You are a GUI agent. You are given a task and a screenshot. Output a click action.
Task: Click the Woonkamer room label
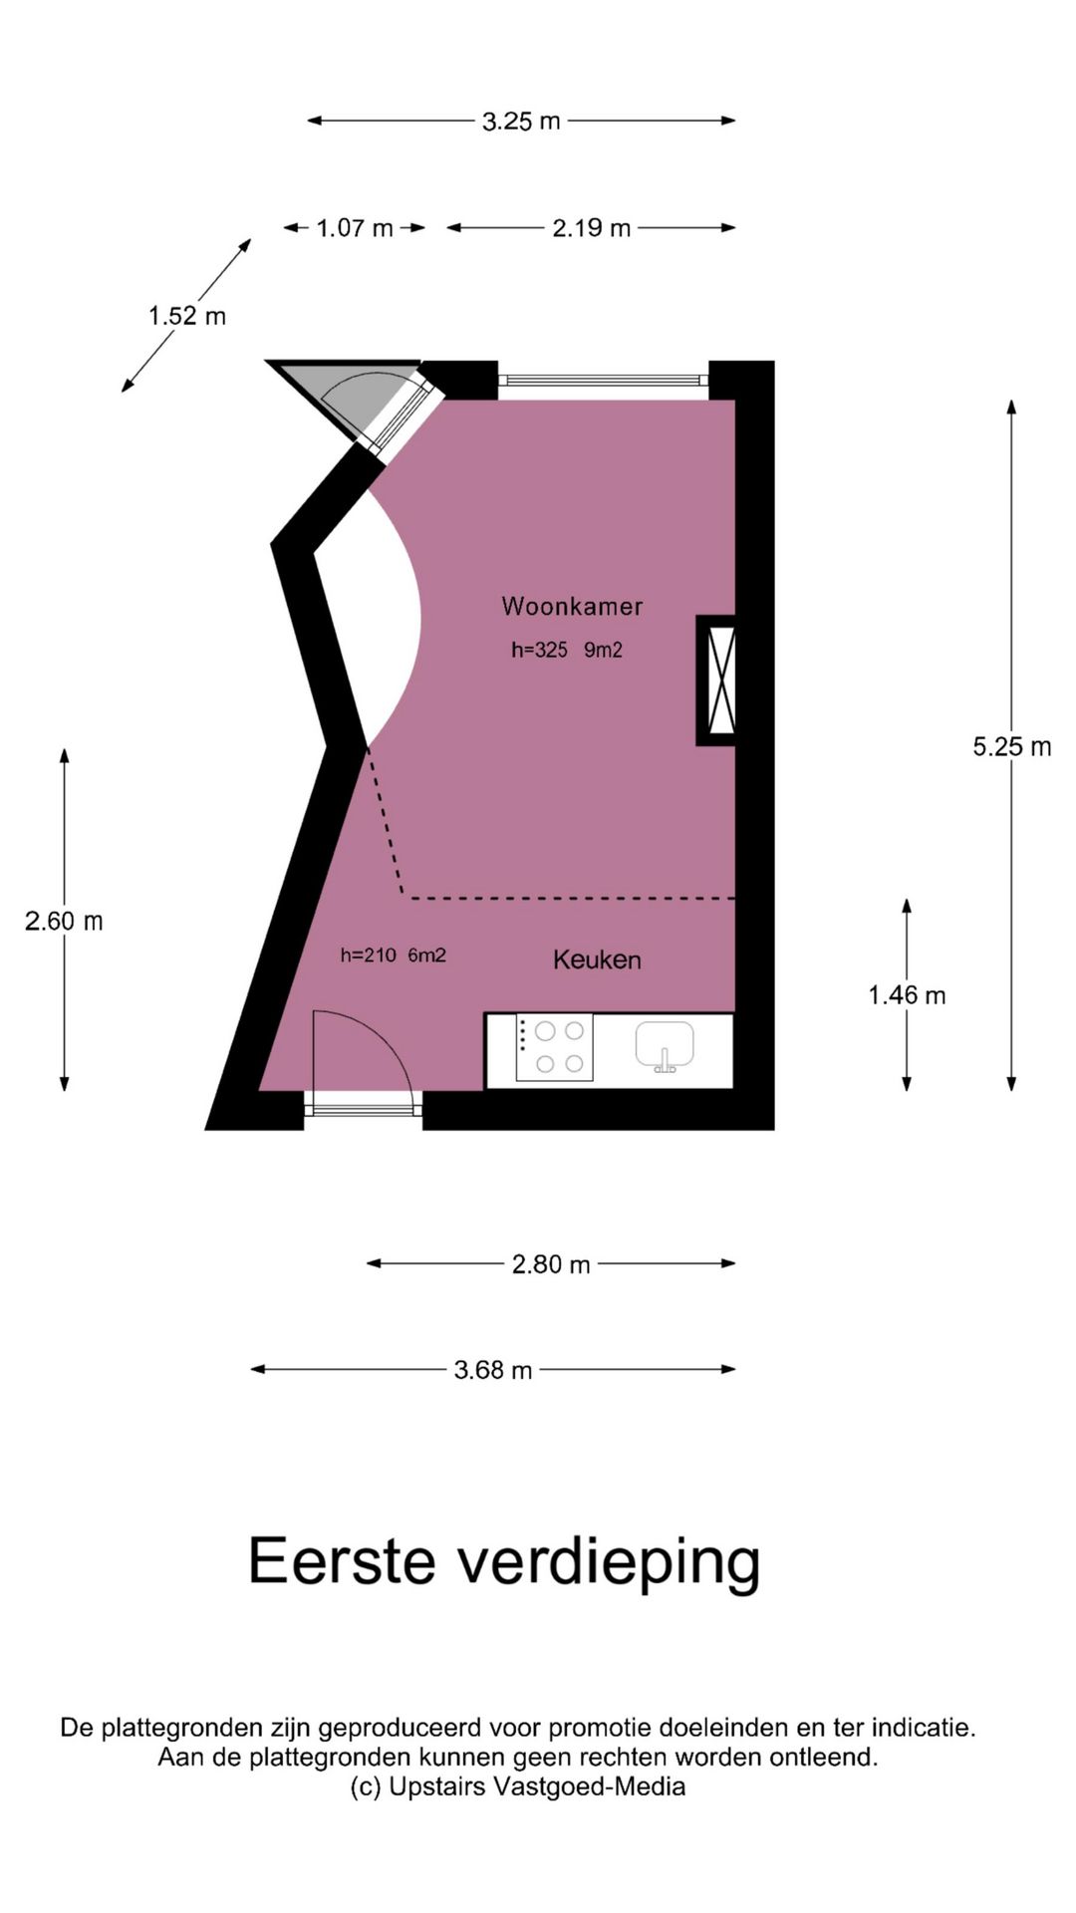[x=572, y=606]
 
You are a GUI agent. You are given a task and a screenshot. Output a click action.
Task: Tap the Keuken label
[x=597, y=959]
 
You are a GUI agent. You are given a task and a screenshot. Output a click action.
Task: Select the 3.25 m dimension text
[x=521, y=122]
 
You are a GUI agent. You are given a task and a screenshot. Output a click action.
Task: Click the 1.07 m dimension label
[x=355, y=228]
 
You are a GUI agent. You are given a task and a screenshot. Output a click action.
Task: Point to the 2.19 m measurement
[x=592, y=228]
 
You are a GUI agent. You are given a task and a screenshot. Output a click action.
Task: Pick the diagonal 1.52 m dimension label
[x=187, y=316]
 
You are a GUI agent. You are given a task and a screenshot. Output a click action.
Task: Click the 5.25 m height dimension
[x=1012, y=746]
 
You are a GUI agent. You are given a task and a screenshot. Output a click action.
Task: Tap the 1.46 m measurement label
[x=907, y=994]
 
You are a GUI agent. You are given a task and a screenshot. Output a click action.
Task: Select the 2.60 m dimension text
[x=64, y=921]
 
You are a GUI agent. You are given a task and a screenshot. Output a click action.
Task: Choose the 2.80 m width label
[x=551, y=1264]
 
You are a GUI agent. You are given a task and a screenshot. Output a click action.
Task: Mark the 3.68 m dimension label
[x=493, y=1370]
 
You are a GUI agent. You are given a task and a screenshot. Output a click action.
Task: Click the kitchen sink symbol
[x=665, y=1046]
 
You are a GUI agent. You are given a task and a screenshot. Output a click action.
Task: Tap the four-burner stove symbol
[x=554, y=1047]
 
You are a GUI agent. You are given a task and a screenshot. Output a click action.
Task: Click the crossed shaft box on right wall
[x=716, y=680]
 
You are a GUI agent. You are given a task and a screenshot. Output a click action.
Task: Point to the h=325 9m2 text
[x=567, y=650]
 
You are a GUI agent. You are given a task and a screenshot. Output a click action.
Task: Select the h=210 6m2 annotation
[x=393, y=956]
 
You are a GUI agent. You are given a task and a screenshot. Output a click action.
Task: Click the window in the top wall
[x=603, y=380]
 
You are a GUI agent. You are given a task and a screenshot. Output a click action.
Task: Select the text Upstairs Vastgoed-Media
[x=537, y=1786]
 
